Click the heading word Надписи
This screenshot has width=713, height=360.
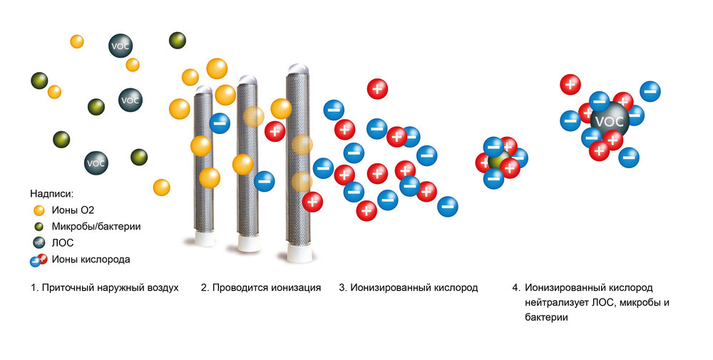tap(51, 194)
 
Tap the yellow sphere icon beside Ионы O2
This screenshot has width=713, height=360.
tap(39, 210)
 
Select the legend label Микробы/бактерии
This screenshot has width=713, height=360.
tap(96, 227)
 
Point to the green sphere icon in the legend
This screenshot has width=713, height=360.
tap(39, 227)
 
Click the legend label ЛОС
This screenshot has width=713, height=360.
tap(62, 242)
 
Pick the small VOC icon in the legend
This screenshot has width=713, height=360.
tap(39, 242)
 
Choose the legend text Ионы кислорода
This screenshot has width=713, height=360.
tap(91, 259)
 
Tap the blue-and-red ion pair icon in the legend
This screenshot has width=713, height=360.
tap(39, 260)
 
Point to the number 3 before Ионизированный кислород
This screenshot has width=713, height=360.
tap(342, 288)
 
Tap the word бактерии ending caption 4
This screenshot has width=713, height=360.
tap(546, 317)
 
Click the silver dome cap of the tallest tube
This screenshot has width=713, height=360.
tap(298, 69)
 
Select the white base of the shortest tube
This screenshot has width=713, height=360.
tap(204, 238)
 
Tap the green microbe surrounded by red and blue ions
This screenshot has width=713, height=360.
tap(499, 161)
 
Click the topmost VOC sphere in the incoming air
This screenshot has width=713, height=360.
tap(120, 46)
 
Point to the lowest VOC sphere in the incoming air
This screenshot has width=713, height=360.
tap(96, 163)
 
